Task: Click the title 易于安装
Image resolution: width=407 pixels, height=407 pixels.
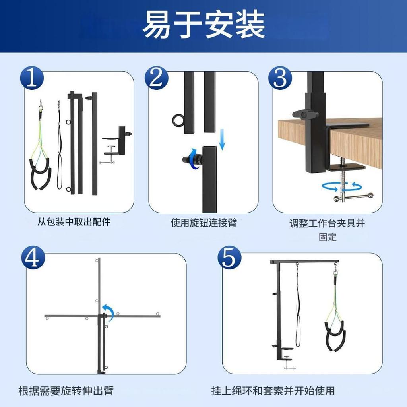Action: [x=203, y=25]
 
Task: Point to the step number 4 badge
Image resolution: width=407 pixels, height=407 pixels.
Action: [x=33, y=258]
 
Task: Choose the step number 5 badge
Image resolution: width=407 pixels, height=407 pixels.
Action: [x=229, y=258]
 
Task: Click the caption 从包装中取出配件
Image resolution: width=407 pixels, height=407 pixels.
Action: [x=74, y=222]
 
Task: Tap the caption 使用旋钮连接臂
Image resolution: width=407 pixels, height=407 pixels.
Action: [x=203, y=222]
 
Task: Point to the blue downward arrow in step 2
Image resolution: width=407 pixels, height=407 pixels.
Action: [x=222, y=141]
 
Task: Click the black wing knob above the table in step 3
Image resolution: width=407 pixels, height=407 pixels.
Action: [x=305, y=115]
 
